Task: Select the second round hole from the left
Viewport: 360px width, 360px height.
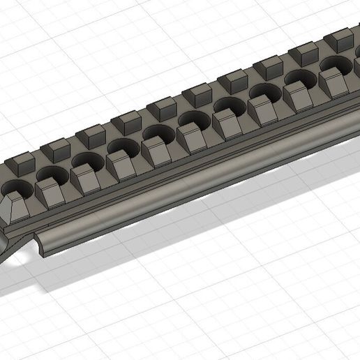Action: [x=50, y=174]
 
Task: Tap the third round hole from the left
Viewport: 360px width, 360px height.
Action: [x=87, y=160]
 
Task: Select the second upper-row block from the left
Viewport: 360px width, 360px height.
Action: [x=56, y=149]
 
